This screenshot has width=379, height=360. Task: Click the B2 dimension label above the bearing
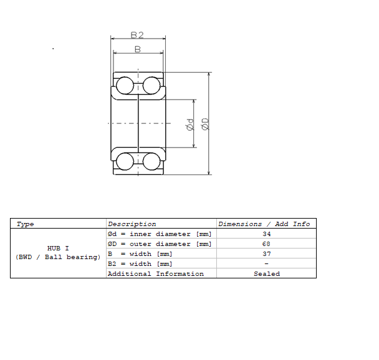(138, 36)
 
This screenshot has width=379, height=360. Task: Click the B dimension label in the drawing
(138, 49)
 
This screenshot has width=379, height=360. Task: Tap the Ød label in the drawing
(190, 125)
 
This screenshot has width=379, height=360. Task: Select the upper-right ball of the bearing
(151, 85)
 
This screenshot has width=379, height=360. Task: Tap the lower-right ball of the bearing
(151, 161)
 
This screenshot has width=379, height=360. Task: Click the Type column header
(26, 224)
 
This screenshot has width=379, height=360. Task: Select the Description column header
(132, 224)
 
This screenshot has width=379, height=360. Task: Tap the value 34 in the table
(266, 234)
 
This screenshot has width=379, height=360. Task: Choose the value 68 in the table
(266, 244)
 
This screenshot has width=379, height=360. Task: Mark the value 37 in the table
(266, 254)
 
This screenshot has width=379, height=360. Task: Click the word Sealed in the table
(266, 274)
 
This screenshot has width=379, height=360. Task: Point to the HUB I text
(58, 248)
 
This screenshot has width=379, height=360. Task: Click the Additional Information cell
(156, 274)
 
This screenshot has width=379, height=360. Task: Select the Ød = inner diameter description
(160, 234)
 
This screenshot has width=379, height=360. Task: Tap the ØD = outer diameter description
(160, 244)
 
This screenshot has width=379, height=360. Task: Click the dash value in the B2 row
(266, 264)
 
